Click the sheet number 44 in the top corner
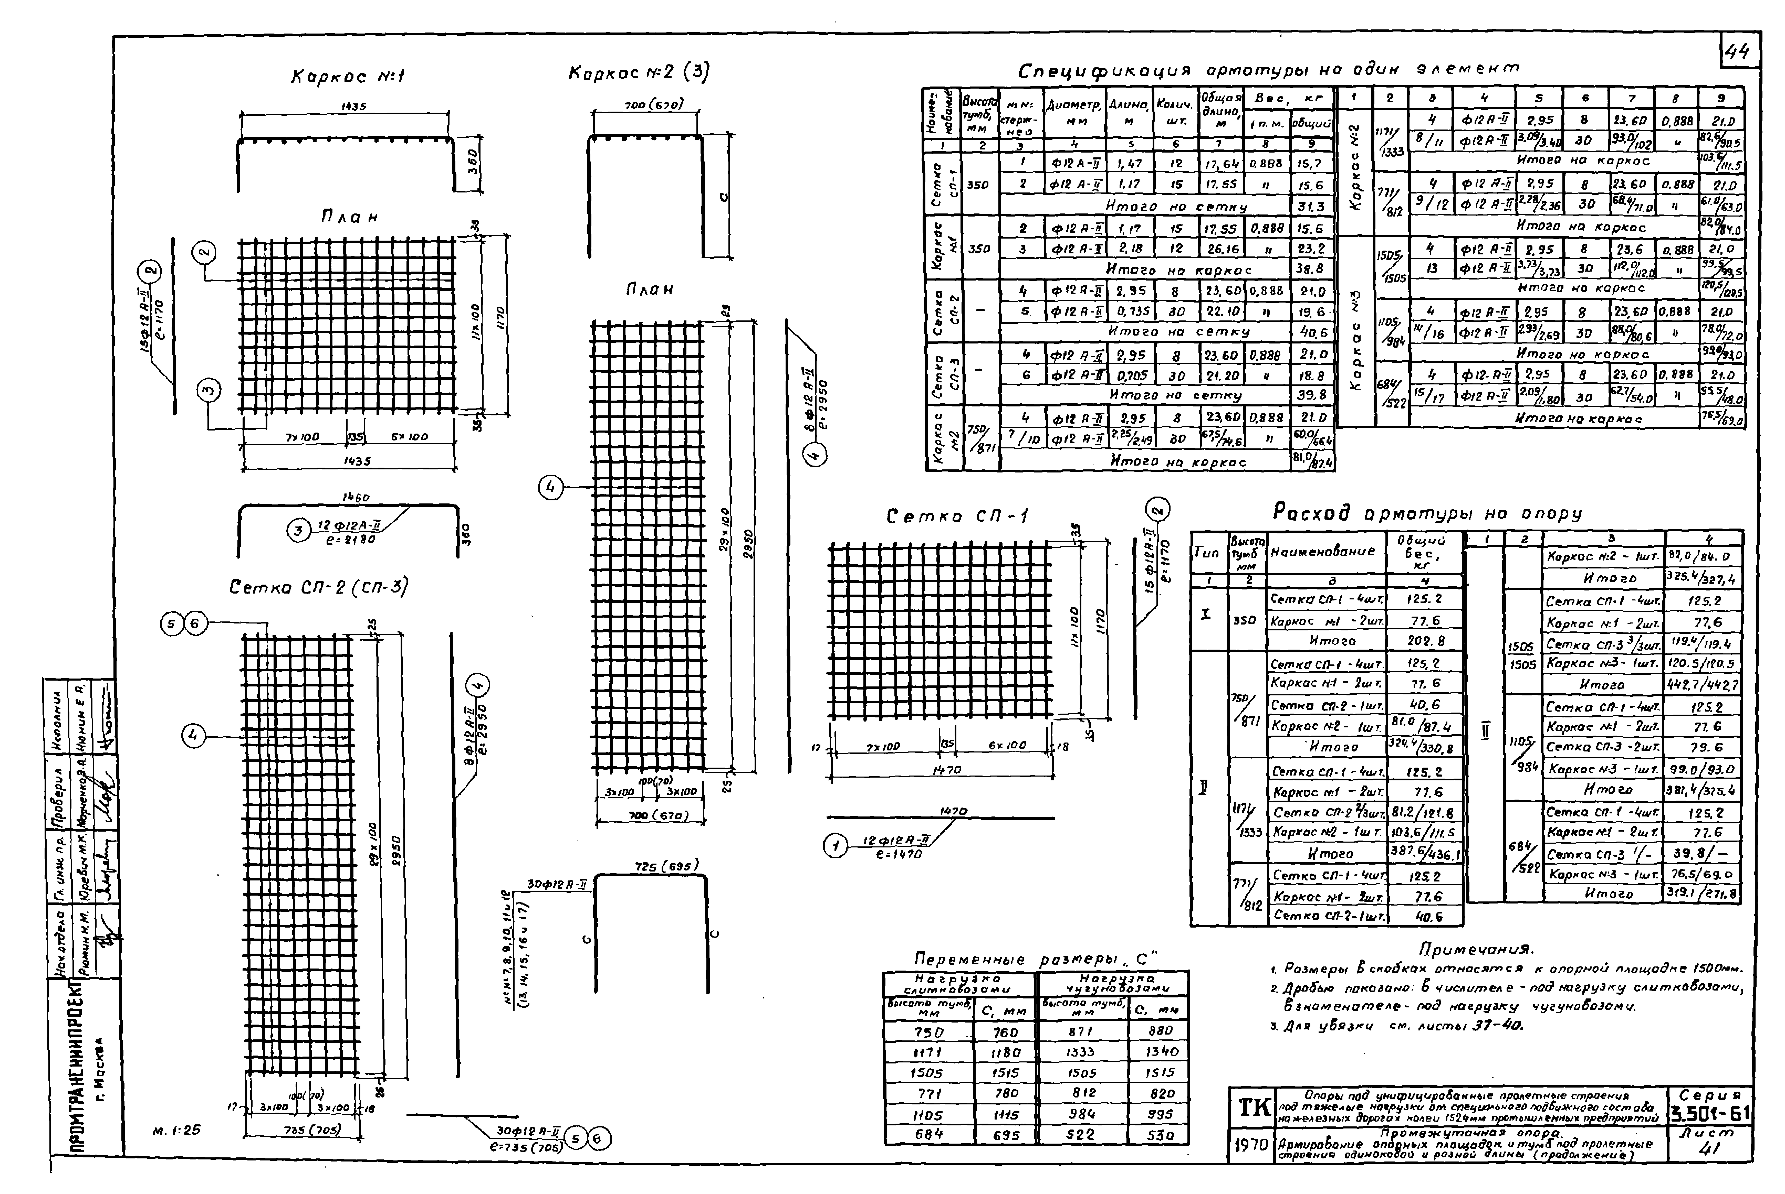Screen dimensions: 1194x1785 (1739, 52)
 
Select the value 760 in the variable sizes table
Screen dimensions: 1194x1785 (1006, 1032)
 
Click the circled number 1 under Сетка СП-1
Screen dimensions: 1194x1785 (836, 845)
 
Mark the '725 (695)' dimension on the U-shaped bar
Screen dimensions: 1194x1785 (666, 866)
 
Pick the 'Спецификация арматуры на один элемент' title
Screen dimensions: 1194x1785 (1268, 70)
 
